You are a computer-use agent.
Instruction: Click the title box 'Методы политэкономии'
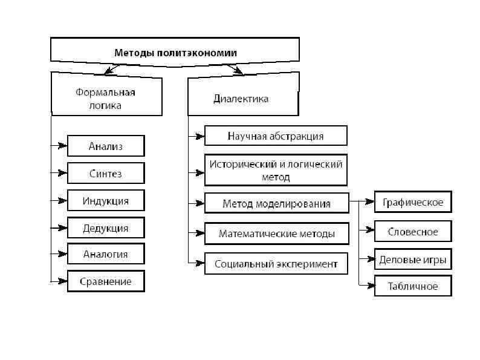click(x=175, y=53)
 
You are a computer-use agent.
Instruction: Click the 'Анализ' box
click(x=106, y=146)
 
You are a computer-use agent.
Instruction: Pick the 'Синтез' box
click(x=106, y=173)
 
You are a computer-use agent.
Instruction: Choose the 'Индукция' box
click(x=106, y=201)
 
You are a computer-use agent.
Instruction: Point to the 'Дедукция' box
click(x=106, y=228)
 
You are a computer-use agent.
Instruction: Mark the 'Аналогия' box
click(x=106, y=254)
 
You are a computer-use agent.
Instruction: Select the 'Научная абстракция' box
click(x=276, y=136)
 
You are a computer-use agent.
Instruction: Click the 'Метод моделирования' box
click(x=277, y=203)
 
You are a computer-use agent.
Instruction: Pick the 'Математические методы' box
click(x=276, y=234)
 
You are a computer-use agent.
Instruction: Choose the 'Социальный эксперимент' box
click(x=276, y=264)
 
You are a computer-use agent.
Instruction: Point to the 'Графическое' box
click(x=413, y=202)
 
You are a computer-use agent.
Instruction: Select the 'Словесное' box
click(x=413, y=231)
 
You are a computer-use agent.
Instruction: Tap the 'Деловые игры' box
click(x=413, y=260)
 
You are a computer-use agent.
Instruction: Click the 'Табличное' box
click(x=413, y=286)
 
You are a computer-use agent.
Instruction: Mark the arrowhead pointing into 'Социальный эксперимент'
click(x=199, y=263)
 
